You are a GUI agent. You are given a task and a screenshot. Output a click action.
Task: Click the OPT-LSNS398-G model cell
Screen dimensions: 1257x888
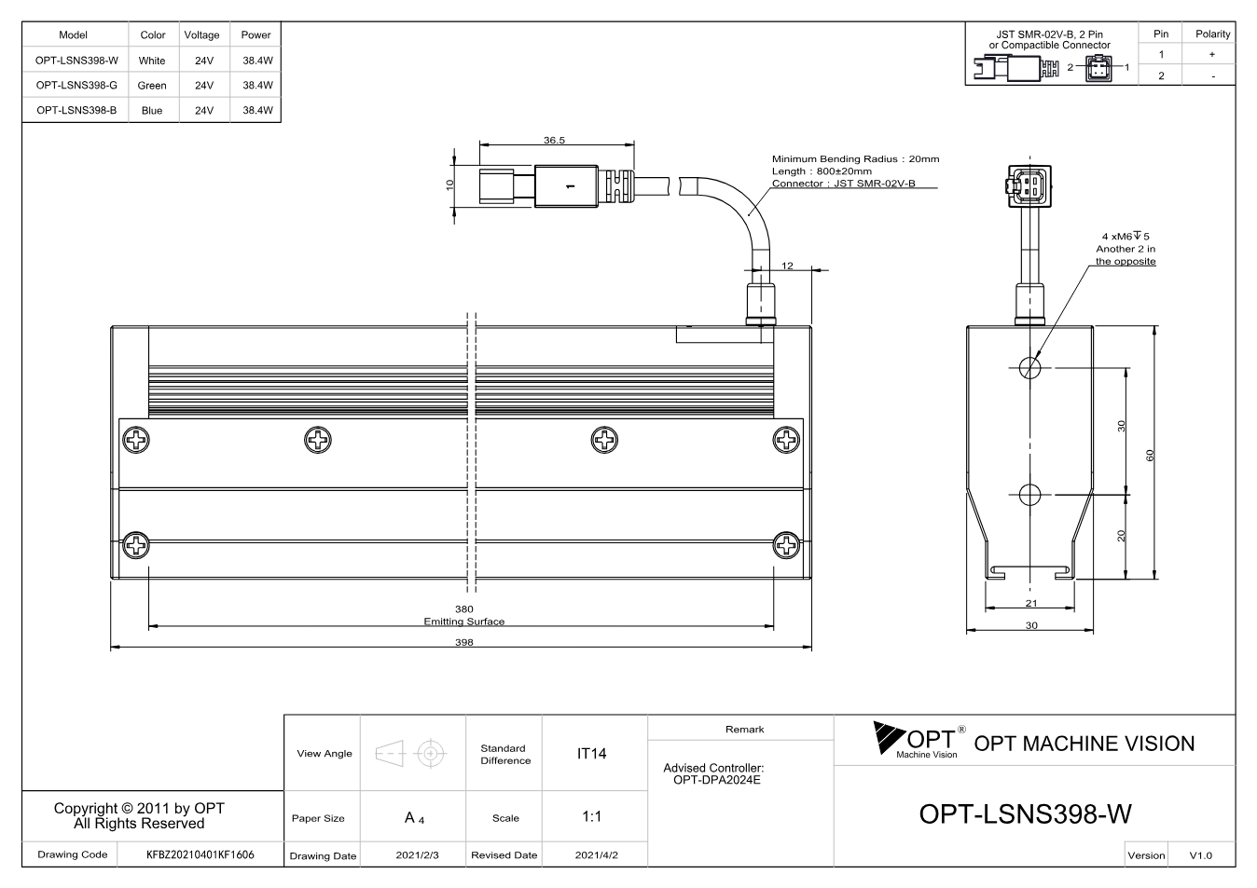[x=76, y=85]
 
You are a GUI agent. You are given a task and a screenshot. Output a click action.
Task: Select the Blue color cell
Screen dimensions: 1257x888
[x=152, y=111]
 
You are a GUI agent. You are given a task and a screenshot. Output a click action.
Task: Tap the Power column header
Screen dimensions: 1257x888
[x=256, y=34]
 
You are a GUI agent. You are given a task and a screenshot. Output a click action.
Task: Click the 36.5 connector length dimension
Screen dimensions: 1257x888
[x=554, y=140]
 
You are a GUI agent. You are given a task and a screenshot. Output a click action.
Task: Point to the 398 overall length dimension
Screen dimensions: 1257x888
[x=464, y=642]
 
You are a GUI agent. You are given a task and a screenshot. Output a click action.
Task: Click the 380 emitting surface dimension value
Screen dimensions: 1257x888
[x=464, y=609]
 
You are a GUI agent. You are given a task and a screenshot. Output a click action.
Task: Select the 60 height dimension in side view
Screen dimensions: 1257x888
[x=1150, y=456]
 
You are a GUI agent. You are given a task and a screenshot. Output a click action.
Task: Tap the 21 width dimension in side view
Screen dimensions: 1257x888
[x=1031, y=603]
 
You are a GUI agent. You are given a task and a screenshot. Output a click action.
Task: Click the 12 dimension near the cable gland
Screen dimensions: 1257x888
[x=787, y=266]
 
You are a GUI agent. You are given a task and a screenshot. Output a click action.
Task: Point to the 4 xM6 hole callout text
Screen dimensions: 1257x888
[x=1126, y=237]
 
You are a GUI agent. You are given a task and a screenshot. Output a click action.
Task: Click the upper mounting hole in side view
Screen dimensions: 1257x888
[x=1029, y=368]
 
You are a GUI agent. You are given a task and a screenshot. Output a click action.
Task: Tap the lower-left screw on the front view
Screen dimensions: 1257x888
[x=136, y=545]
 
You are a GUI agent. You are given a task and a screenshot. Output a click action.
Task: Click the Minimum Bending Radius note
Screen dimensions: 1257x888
[x=855, y=159]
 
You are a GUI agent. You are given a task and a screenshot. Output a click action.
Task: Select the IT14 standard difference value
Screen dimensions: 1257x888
[x=591, y=754]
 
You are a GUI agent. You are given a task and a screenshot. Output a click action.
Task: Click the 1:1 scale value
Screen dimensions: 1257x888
[x=591, y=816]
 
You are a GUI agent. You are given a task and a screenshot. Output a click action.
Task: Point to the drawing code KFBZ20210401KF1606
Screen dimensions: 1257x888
[x=200, y=854]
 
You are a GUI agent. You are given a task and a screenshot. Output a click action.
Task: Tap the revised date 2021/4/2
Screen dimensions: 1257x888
[x=596, y=855]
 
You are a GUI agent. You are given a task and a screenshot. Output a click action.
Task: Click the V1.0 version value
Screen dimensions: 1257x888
[x=1200, y=855]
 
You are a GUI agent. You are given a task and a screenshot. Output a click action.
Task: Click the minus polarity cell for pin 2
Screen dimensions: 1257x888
[x=1213, y=76]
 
